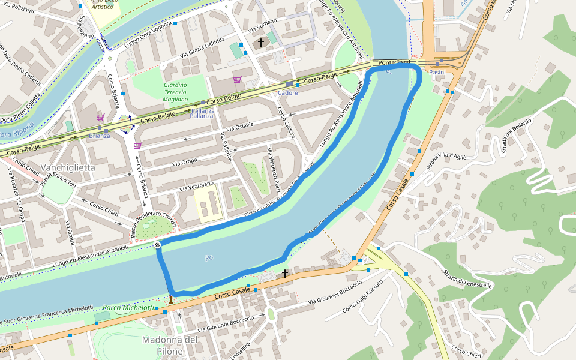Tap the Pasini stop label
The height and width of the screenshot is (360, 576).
coord(437,72)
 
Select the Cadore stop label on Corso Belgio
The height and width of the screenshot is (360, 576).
coord(289,92)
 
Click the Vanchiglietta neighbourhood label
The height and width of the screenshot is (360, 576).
coord(68,167)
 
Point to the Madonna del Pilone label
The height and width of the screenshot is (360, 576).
coord(170,345)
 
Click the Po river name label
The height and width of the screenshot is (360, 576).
coord(209,258)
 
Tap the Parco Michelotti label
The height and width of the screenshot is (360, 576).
coord(128,307)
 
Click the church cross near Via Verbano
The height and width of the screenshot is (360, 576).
coord(260,43)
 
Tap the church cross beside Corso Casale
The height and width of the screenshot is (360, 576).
coord(285,274)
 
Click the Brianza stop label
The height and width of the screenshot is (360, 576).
coord(100,136)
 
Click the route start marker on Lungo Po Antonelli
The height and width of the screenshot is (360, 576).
coord(157,244)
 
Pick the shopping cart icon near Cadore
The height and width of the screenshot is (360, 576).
coord(237,80)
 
